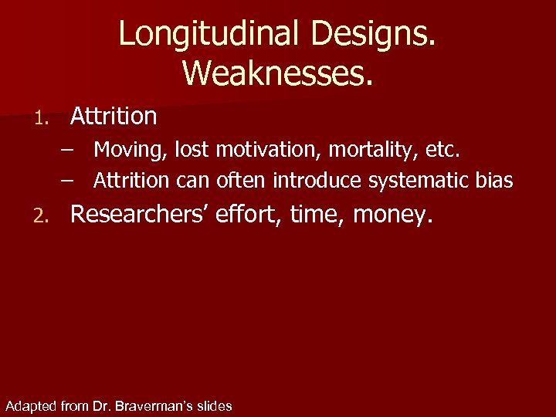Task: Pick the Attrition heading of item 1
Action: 114,117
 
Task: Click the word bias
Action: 496,180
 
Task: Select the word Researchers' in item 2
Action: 139,215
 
